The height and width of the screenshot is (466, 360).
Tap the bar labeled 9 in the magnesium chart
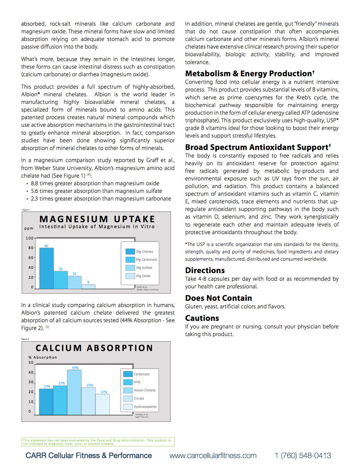point(88,286)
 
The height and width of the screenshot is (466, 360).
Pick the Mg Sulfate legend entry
point(142,268)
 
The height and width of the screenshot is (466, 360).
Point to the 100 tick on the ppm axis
point(29,238)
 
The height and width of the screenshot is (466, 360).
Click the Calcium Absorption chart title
point(94,348)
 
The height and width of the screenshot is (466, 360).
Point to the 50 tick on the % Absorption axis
point(31,362)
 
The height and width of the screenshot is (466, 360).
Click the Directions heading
point(205,271)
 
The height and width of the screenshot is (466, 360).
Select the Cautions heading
point(202,318)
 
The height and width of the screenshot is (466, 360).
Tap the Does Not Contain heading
point(218,298)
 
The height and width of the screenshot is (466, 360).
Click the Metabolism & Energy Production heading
point(249,74)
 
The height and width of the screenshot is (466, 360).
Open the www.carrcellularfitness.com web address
point(213,456)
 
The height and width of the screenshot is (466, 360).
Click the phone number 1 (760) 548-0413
point(303,456)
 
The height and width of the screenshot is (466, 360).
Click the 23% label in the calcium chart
point(47,386)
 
